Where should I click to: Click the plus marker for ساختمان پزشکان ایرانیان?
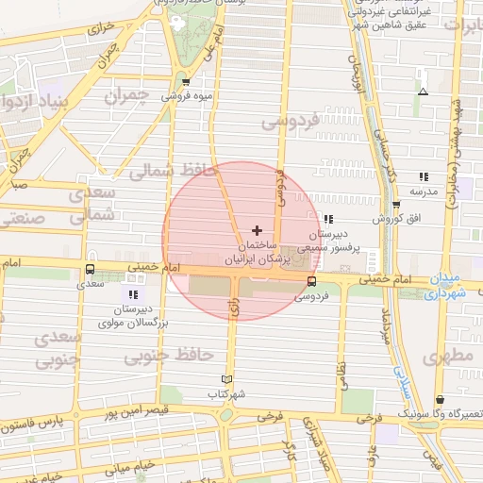(x=257, y=230)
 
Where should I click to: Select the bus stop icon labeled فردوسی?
(x=311, y=281)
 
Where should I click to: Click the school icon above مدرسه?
(x=424, y=176)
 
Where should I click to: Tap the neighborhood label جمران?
(x=126, y=96)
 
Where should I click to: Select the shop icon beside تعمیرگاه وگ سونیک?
(x=441, y=400)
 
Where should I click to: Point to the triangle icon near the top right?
(x=423, y=92)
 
